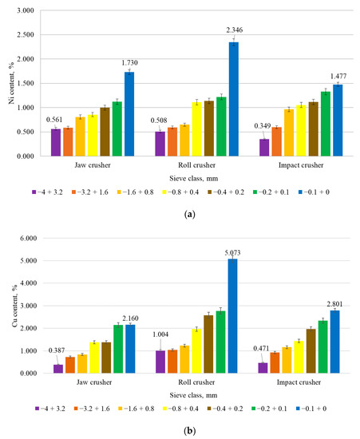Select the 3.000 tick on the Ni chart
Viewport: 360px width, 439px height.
27,11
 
